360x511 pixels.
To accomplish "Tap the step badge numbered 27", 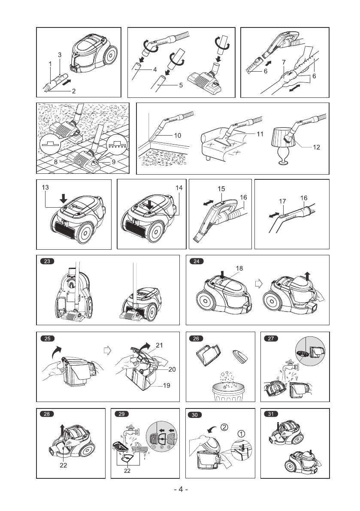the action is point(271,338).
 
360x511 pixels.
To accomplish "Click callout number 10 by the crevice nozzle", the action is point(177,135).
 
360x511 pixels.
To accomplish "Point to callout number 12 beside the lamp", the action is point(317,147).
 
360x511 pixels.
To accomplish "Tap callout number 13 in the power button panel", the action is point(45,187).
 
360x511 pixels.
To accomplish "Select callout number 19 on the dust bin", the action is point(166,385).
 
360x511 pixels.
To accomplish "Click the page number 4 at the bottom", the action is point(181,490).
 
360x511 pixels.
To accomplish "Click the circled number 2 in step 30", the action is point(225,427).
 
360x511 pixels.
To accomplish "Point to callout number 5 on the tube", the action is point(181,85).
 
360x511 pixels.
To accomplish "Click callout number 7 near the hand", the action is point(284,62).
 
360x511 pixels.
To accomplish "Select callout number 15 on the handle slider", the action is point(221,188).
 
